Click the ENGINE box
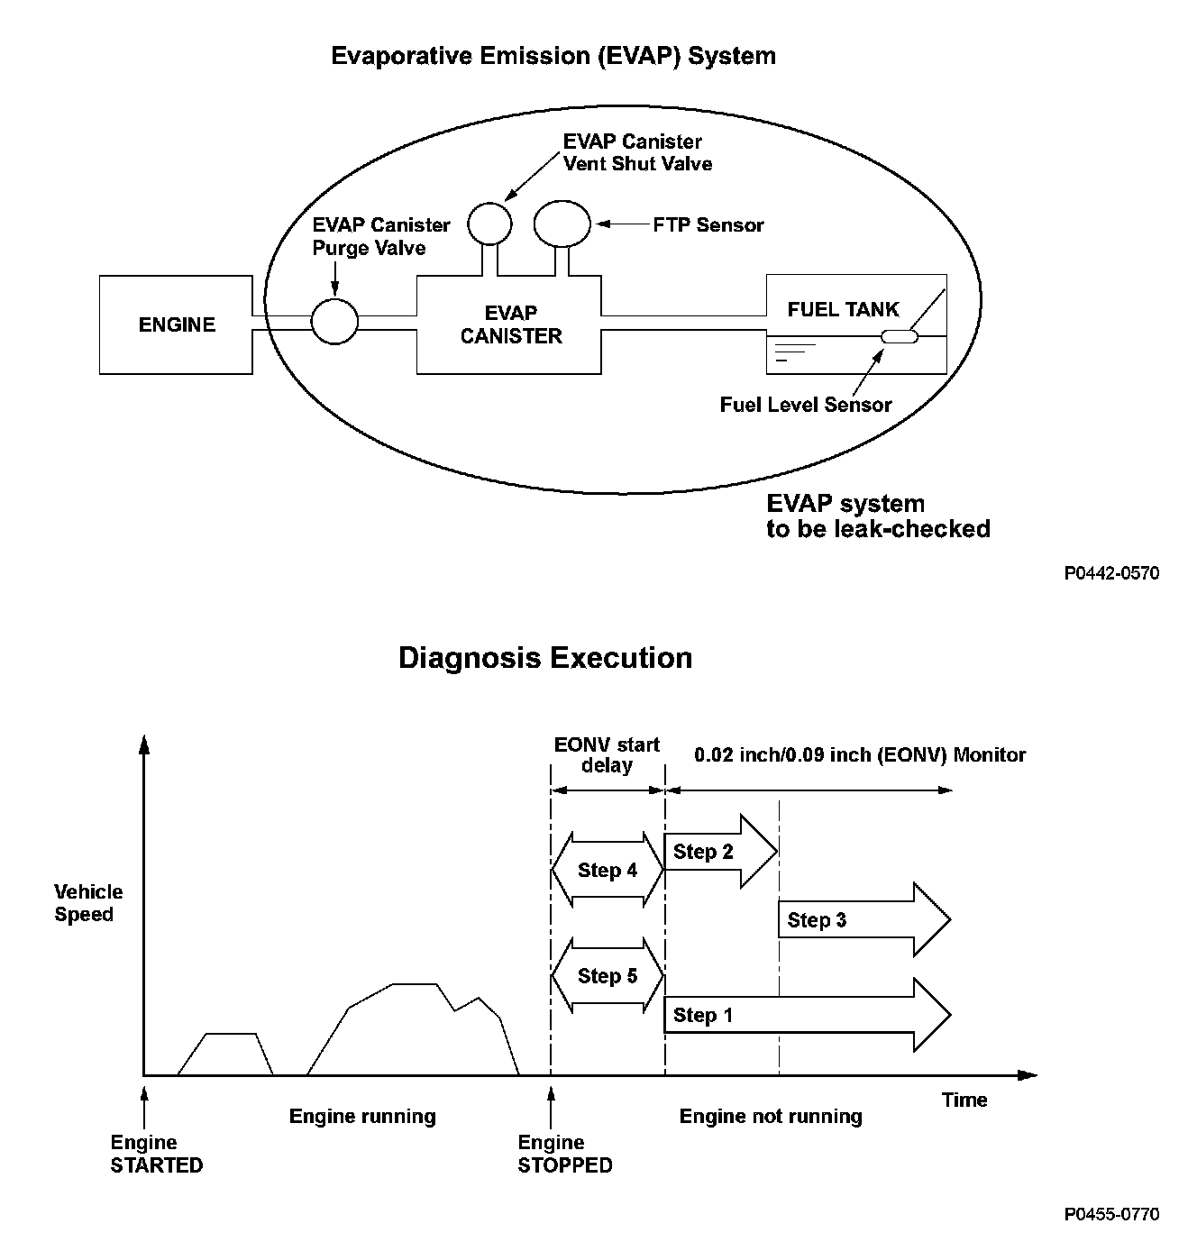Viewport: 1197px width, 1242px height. pyautogui.click(x=176, y=324)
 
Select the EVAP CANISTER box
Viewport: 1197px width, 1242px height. pyautogui.click(x=509, y=324)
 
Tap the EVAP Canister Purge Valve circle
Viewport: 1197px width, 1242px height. pyautogui.click(x=334, y=321)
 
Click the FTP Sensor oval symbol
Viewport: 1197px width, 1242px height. pyautogui.click(x=562, y=223)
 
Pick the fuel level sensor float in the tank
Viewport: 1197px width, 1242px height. pyautogui.click(x=899, y=337)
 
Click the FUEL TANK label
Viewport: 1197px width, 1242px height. pyautogui.click(x=843, y=310)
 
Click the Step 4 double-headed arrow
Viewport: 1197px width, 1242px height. pyautogui.click(x=608, y=870)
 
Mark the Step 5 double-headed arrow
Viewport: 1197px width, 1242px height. pyautogui.click(x=608, y=976)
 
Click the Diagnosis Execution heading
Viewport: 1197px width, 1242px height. pyautogui.click(x=545, y=658)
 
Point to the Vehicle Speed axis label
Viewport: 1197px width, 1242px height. pyautogui.click(x=87, y=903)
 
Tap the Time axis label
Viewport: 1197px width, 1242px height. pyautogui.click(x=964, y=1100)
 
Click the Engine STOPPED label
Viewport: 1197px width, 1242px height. pyautogui.click(x=565, y=1155)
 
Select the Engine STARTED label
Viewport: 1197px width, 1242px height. pyautogui.click(x=157, y=1155)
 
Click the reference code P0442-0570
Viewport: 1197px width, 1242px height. pyautogui.click(x=1111, y=573)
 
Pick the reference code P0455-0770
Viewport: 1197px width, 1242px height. pyautogui.click(x=1111, y=1214)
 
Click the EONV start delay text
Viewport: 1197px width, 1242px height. pyautogui.click(x=608, y=755)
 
